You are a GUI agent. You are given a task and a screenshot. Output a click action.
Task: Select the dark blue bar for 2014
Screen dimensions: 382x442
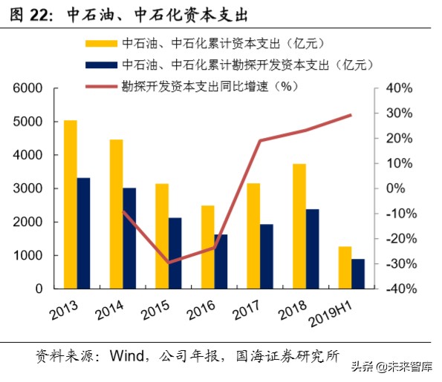point(129,238)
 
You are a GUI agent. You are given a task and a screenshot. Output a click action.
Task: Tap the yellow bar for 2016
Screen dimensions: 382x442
point(208,247)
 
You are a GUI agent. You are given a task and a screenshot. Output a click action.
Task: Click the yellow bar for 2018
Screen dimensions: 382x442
point(299,226)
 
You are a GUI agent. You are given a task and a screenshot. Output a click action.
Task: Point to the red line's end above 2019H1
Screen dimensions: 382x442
point(351,115)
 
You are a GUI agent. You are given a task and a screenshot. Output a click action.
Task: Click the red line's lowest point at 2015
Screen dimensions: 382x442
point(169,263)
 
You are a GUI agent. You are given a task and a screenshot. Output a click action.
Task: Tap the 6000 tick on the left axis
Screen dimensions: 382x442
point(27,88)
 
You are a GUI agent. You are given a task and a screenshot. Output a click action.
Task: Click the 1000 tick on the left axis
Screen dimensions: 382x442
point(27,256)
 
